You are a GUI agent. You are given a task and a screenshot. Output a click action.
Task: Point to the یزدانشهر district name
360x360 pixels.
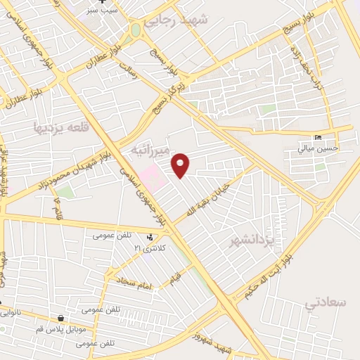coord(250,240)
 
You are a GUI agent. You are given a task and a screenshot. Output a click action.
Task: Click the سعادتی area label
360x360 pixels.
coord(327,302)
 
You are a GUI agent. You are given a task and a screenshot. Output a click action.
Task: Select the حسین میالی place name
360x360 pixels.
coord(318,148)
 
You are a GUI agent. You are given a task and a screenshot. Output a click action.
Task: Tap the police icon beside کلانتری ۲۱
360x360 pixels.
coord(150,237)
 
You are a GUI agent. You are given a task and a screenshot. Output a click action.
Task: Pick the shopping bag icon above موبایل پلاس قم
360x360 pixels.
coord(61,318)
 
